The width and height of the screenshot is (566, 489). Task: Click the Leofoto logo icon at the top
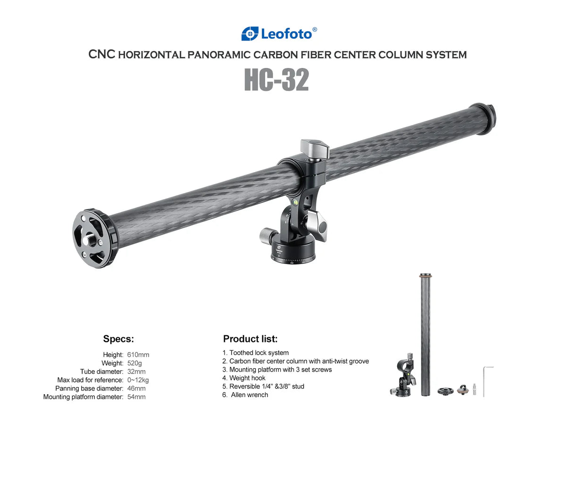[250, 34]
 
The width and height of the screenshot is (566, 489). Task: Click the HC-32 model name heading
[276, 79]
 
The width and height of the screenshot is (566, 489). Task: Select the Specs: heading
[118, 339]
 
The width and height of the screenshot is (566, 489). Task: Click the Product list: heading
[250, 339]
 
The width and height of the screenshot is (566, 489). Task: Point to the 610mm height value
[138, 355]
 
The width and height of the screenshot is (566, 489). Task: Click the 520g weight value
[134, 363]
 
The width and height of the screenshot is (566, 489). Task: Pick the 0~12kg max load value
[138, 380]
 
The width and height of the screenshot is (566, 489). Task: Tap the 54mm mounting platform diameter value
[136, 397]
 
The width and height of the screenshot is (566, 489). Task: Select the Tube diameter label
[101, 372]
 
